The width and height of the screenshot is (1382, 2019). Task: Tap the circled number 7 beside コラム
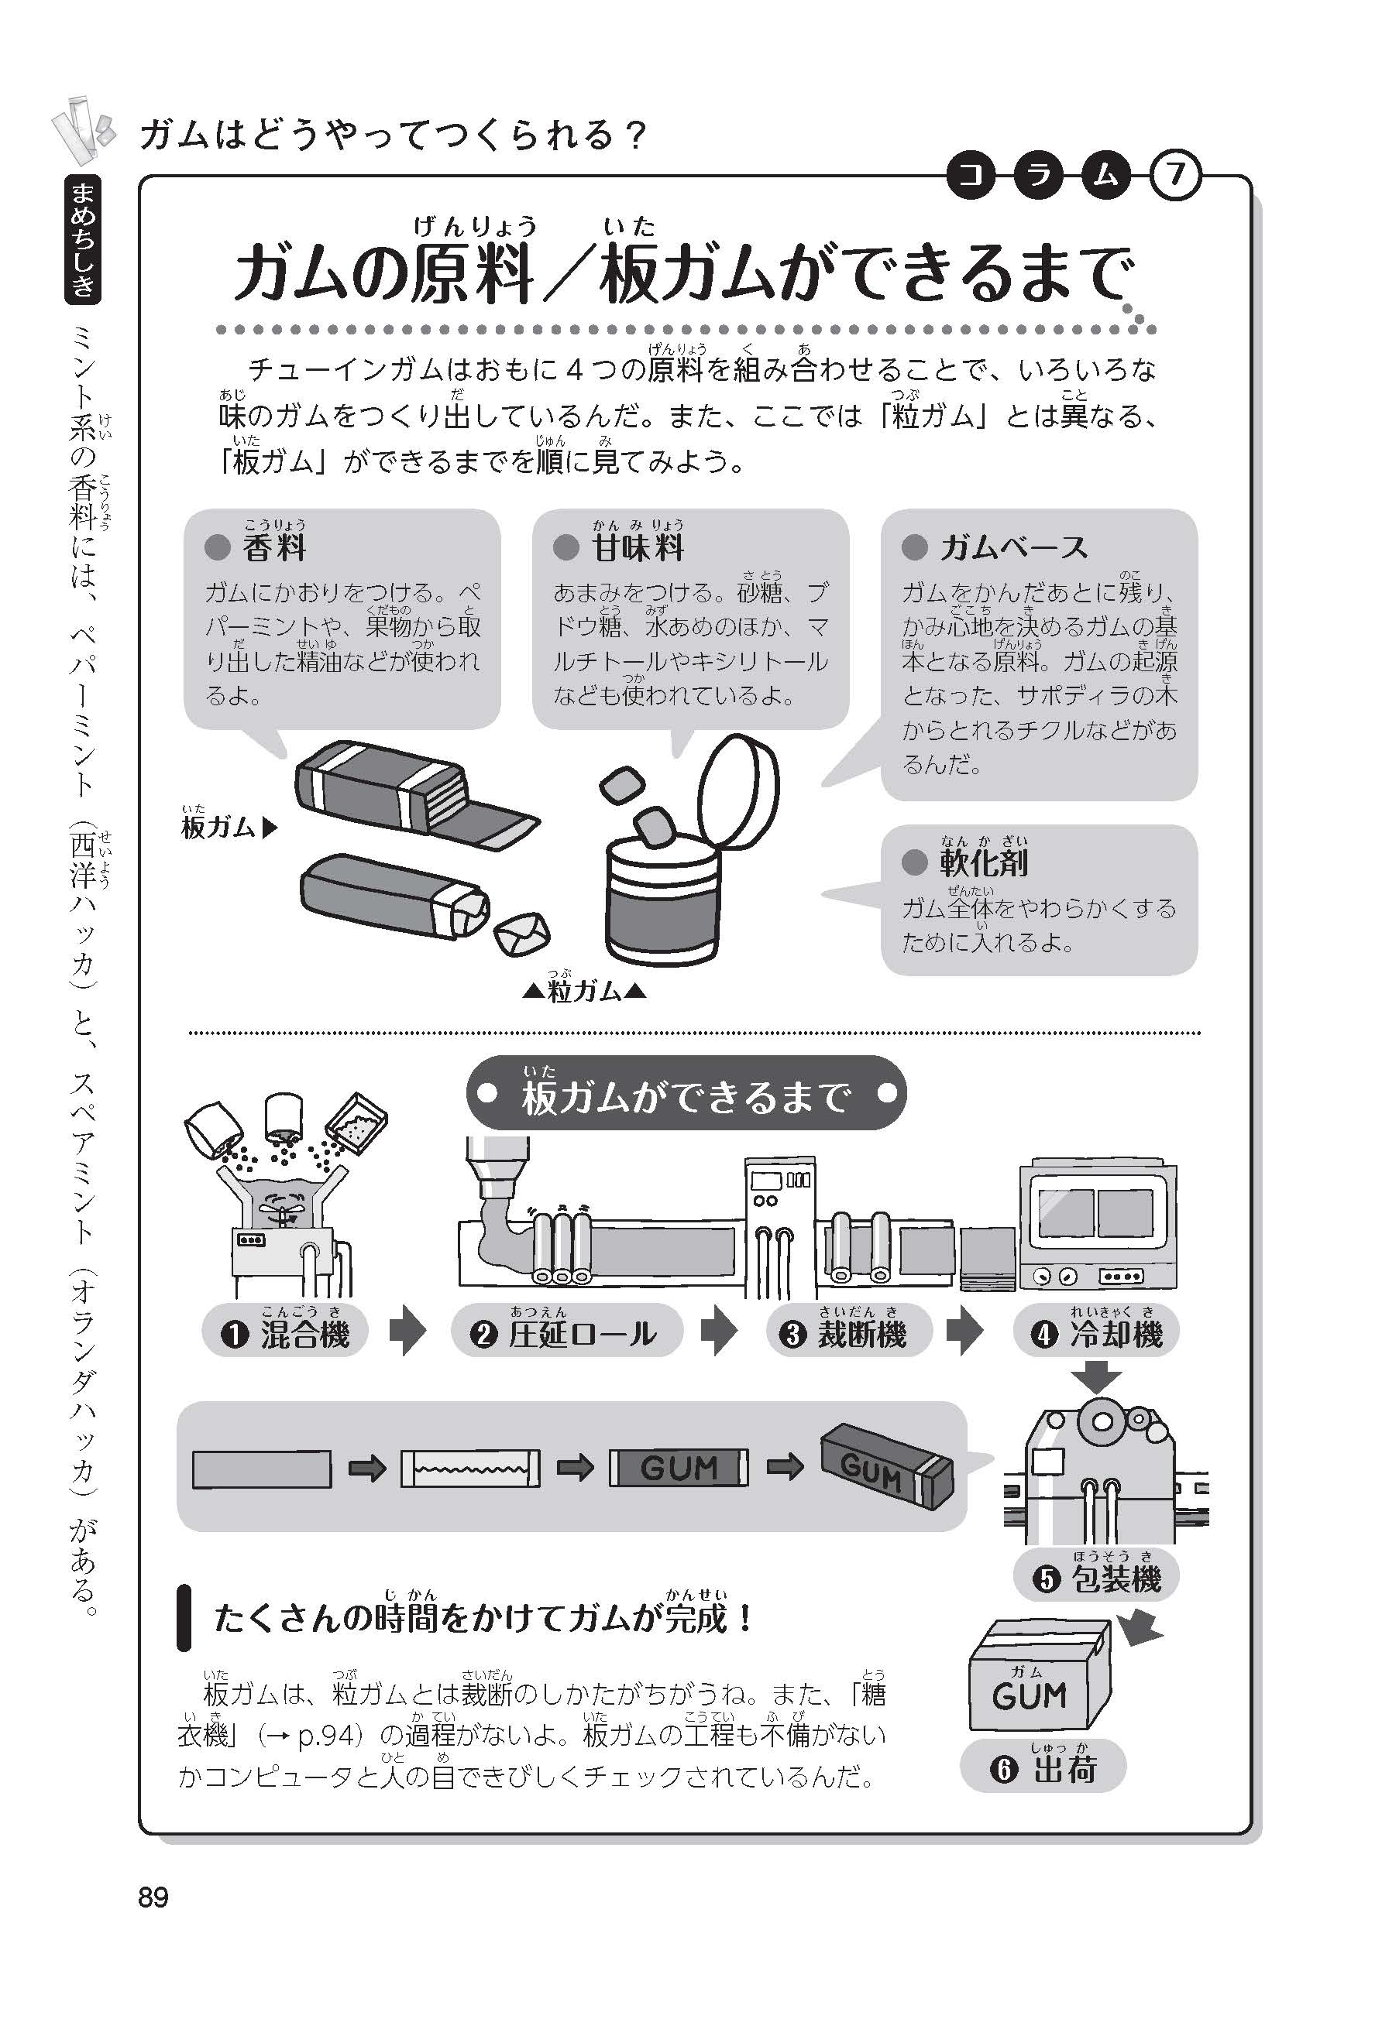click(1175, 177)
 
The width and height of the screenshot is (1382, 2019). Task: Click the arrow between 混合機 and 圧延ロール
click(407, 1332)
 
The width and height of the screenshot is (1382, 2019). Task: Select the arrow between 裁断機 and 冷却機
click(964, 1332)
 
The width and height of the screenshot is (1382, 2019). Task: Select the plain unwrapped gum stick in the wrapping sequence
click(262, 1469)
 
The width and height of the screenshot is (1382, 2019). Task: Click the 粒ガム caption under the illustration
click(584, 990)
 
